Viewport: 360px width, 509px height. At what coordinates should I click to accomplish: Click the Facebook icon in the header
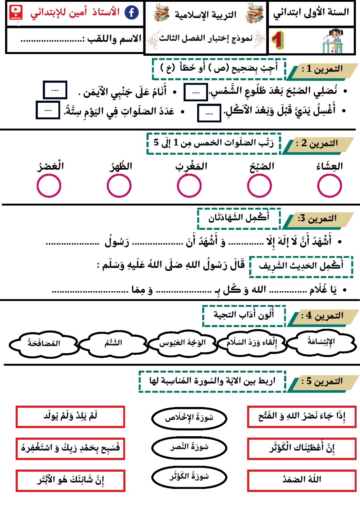132,13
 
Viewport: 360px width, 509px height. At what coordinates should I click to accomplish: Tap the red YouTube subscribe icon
16,13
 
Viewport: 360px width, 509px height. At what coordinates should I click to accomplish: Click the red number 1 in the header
278,40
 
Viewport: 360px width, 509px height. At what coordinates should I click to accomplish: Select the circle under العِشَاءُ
329,186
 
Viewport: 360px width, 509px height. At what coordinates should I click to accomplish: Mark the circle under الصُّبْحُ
259,186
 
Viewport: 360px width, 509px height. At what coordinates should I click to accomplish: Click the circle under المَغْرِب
189,186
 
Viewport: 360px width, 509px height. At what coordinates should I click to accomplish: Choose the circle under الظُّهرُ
119,186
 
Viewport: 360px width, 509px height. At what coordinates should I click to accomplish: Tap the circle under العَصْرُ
49,186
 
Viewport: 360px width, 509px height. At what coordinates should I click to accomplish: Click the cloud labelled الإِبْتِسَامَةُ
321,342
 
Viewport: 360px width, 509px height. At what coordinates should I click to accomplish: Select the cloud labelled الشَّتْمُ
113,343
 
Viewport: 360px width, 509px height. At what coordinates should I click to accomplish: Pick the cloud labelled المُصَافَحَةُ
44,344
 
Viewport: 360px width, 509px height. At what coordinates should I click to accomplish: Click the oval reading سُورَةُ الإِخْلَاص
189,418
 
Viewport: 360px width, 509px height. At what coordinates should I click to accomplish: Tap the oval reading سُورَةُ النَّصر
189,447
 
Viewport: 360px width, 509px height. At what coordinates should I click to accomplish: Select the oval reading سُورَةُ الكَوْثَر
189,477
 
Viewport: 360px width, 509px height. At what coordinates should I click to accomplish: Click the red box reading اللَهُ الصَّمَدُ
302,480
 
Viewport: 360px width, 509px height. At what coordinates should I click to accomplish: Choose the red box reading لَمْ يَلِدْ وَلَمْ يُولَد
70,416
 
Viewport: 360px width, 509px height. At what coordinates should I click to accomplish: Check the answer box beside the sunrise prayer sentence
195,92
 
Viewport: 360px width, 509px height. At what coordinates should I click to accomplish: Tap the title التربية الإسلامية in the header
205,15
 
